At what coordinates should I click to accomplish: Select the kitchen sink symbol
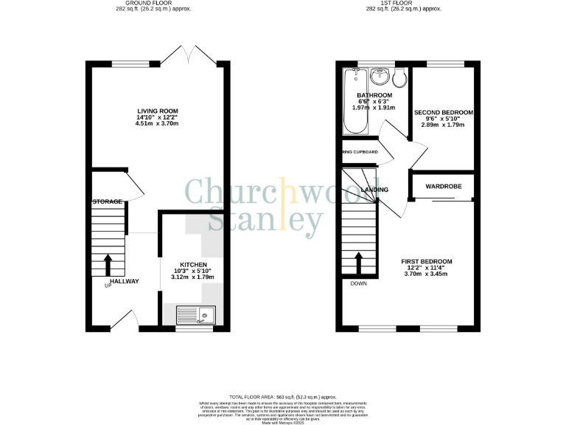(x=195, y=316)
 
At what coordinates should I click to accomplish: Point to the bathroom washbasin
(x=381, y=76)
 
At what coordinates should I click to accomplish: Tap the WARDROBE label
(x=443, y=187)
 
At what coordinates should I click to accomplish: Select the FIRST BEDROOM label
(x=427, y=261)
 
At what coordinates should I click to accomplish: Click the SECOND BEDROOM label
(x=443, y=113)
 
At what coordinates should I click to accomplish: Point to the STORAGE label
(x=106, y=201)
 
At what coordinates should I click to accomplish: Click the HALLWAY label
(x=124, y=281)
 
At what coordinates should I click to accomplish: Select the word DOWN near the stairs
(x=359, y=283)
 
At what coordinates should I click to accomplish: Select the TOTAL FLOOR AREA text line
(x=283, y=397)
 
